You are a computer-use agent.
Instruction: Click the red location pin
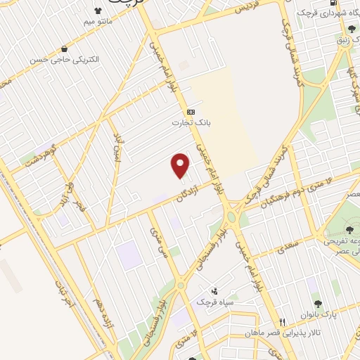point(181,165)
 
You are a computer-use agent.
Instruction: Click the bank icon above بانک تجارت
point(191,112)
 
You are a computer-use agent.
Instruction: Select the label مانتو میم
point(98,22)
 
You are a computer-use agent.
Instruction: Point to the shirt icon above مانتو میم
point(98,12)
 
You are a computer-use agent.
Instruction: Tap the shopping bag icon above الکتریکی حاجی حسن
point(65,49)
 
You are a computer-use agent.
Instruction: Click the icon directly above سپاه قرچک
point(215,291)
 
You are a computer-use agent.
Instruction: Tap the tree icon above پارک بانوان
point(319,304)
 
